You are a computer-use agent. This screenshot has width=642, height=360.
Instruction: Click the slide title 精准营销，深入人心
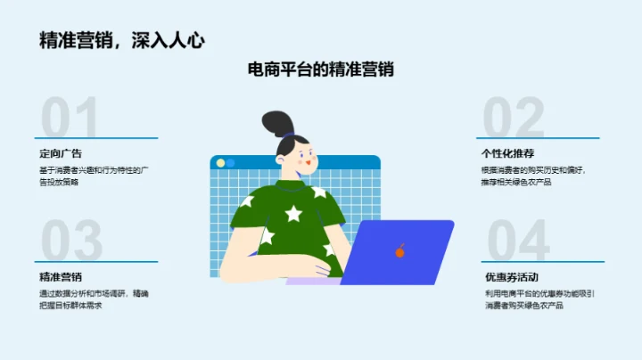(122, 40)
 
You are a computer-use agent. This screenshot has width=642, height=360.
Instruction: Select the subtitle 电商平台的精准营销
(321, 70)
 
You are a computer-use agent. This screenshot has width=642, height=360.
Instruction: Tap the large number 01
(70, 119)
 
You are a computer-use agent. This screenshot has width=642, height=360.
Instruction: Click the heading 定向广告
(61, 153)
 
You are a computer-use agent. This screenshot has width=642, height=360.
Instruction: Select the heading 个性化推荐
(507, 153)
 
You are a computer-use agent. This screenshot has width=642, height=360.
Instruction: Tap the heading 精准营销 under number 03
(61, 276)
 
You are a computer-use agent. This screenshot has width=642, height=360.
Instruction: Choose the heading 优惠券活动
(511, 276)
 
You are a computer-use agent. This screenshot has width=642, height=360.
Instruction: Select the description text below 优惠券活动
(539, 299)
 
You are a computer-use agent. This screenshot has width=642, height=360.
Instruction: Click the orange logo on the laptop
(399, 252)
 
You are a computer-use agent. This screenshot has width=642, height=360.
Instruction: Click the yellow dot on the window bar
(229, 163)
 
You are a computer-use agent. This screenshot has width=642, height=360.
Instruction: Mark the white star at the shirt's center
(292, 213)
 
